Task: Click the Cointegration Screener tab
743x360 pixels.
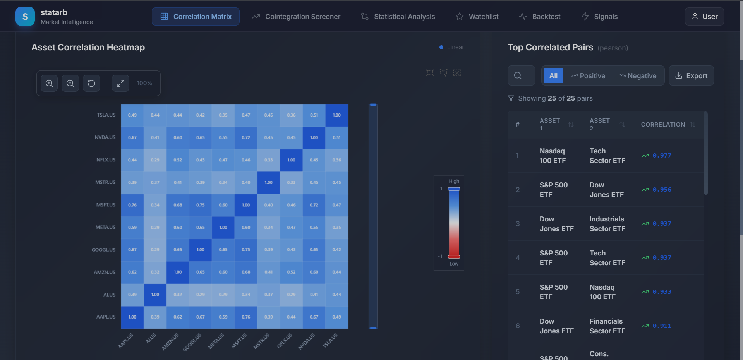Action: pos(296,17)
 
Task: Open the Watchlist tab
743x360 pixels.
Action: pos(477,17)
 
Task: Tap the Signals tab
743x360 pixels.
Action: pos(599,17)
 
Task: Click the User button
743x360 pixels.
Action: pos(704,17)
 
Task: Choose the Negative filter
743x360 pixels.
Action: pos(638,76)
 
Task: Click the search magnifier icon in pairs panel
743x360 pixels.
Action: pos(518,76)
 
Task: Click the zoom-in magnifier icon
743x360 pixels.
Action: pos(49,83)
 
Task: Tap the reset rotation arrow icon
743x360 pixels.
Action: pos(91,83)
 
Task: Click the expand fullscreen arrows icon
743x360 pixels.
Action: pos(120,83)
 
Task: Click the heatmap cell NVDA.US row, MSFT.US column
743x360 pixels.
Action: pos(246,137)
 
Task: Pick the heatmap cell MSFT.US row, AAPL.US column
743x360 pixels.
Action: pos(132,205)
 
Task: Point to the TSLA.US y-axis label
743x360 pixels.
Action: pos(106,115)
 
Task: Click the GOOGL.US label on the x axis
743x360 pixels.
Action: pos(192,342)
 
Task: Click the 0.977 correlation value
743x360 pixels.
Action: pos(662,156)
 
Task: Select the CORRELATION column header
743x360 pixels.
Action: pos(663,125)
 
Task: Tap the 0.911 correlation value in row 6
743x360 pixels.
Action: pos(662,326)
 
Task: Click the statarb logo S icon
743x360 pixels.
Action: pos(25,17)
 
